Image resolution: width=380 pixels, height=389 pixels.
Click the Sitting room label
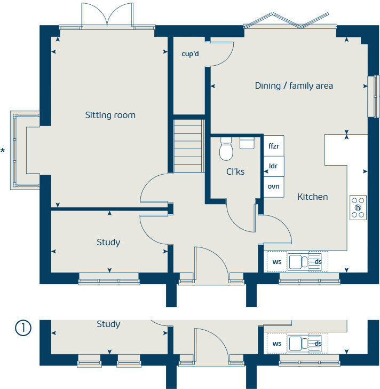tap(110, 115)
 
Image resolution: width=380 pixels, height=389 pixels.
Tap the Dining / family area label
tap(294, 86)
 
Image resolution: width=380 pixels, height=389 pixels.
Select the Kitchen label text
tap(313, 197)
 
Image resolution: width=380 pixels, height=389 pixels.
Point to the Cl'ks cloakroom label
tap(235, 172)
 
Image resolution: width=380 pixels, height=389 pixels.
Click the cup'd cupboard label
tap(190, 54)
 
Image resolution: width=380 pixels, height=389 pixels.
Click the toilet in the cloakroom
tap(226, 149)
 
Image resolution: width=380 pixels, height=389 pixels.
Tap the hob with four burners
tap(358, 208)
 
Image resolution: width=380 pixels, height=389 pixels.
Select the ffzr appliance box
tap(274, 146)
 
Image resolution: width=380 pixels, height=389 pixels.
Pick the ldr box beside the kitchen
tap(274, 166)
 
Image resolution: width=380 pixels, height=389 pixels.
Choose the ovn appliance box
tap(274, 187)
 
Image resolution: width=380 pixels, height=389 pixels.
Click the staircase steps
tap(189, 146)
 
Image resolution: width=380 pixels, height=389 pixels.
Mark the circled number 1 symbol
tap(23, 328)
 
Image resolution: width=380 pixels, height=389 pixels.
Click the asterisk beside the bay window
tap(3, 150)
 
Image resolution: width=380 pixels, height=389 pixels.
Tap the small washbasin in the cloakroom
tap(247, 143)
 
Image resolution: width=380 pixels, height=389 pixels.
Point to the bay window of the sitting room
tap(24, 150)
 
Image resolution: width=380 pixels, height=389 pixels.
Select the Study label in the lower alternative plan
tap(108, 324)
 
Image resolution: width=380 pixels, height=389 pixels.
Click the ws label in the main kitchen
tap(277, 262)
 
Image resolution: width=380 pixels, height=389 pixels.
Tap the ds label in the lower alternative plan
tap(318, 344)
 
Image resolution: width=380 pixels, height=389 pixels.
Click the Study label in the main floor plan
tap(108, 242)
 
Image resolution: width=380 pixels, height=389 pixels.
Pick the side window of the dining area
tap(374, 96)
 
